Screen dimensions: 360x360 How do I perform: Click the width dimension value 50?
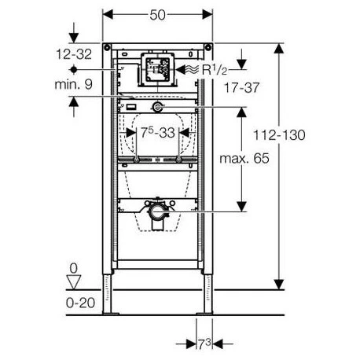point(157,15)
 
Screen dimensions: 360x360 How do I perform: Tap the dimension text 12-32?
point(74,54)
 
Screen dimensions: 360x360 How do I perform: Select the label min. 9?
point(74,84)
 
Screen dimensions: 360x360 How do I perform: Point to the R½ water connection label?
point(215,69)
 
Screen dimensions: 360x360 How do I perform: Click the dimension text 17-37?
point(241,87)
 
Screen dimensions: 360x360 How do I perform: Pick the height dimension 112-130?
point(279,135)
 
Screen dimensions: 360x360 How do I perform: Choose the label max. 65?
point(244,159)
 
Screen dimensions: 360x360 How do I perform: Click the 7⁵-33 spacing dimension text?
point(158,132)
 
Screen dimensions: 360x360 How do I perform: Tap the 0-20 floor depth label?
point(80,303)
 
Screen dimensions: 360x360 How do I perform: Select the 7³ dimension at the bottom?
point(204,343)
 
